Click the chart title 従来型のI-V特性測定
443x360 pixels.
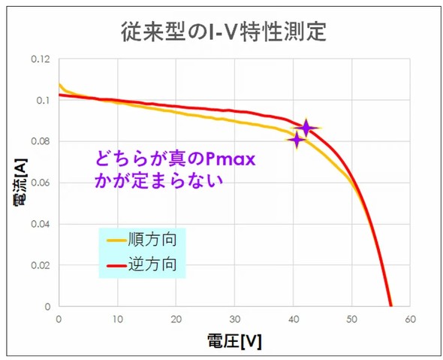223,32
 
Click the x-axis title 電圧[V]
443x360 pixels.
234,340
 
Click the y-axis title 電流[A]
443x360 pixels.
17,184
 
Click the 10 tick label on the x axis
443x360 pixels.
117,319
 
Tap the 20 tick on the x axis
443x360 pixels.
176,319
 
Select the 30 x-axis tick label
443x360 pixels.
234,319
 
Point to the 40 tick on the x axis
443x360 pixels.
293,319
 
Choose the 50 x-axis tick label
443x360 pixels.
351,319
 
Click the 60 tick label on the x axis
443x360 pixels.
410,319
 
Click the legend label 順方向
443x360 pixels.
156,241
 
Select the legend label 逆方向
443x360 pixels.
156,265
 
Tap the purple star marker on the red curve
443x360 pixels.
306,128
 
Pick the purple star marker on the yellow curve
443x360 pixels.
297,140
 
